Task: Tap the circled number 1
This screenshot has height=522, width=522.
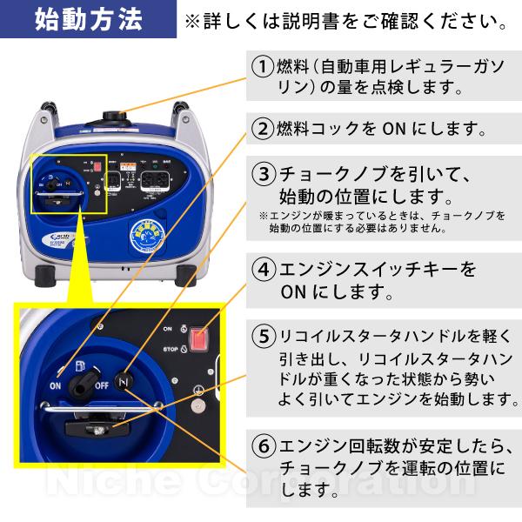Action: click(x=263, y=66)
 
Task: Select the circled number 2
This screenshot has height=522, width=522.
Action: click(x=263, y=129)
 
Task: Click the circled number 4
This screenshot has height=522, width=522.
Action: click(x=263, y=269)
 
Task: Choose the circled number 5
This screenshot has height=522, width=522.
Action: click(x=263, y=336)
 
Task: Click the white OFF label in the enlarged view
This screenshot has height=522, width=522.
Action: click(x=102, y=386)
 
